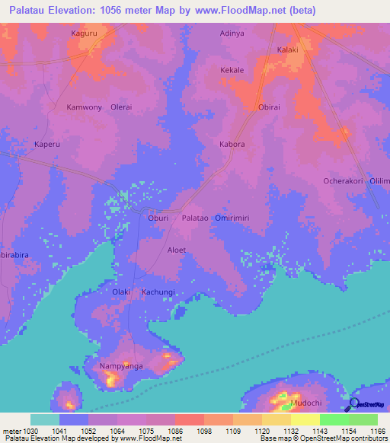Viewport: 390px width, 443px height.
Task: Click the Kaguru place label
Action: click(x=84, y=34)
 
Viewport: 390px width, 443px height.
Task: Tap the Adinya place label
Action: click(x=233, y=34)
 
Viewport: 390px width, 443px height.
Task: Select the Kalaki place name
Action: click(x=288, y=50)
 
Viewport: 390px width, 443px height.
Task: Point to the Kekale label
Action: click(x=232, y=70)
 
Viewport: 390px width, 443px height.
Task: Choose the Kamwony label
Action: click(x=84, y=107)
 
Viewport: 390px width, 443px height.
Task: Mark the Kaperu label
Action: click(x=47, y=144)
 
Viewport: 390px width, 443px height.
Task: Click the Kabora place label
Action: click(x=232, y=144)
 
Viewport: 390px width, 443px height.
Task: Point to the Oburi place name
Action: click(x=158, y=218)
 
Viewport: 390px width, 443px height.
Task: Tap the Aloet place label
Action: click(x=177, y=250)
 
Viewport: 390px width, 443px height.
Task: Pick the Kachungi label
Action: click(x=158, y=292)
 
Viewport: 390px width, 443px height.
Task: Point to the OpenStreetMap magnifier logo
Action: click(x=353, y=404)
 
